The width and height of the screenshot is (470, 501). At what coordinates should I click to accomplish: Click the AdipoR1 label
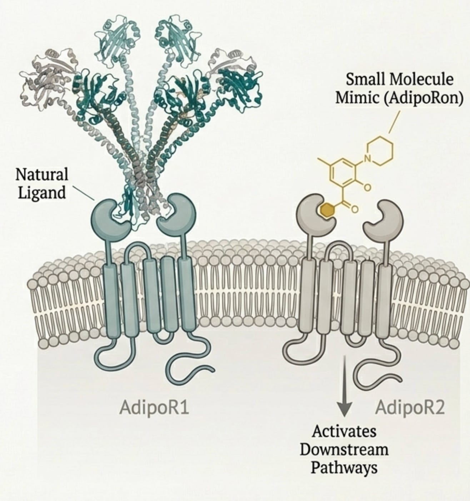[154, 408]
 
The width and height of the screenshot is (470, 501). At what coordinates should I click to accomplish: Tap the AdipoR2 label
[410, 408]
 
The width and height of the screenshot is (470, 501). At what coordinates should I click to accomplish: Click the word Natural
[42, 175]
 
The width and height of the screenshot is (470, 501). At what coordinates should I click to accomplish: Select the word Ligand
[42, 193]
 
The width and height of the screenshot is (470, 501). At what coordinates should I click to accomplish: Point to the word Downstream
[344, 449]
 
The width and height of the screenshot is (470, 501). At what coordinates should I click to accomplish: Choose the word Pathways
[344, 467]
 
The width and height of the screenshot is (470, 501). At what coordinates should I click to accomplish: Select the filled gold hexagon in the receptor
[326, 210]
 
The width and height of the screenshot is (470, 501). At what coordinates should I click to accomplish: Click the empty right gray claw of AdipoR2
[384, 217]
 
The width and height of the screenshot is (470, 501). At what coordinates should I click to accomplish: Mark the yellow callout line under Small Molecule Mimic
[394, 122]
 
